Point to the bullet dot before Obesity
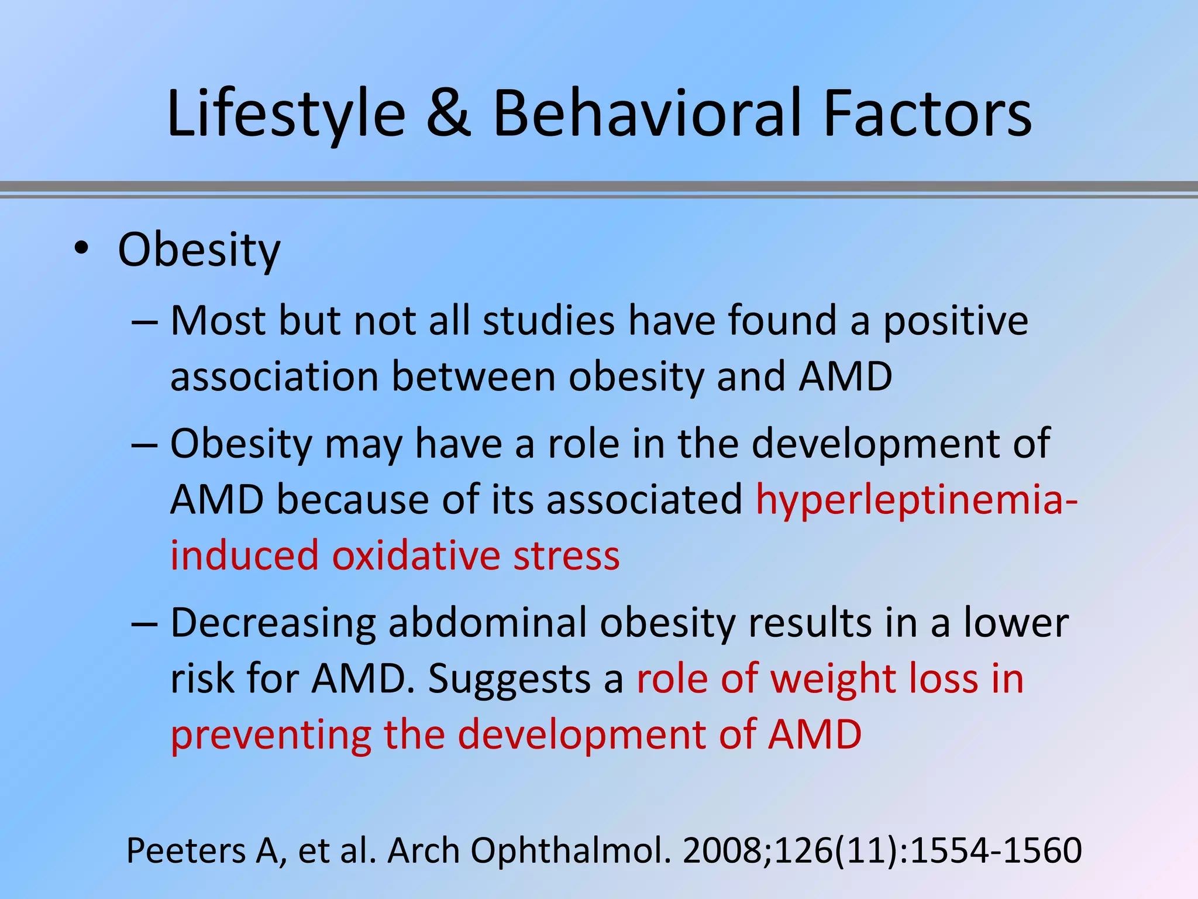point(81,249)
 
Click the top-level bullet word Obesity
point(199,250)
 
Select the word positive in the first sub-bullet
point(955,321)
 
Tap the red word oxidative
point(415,556)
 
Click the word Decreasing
point(273,624)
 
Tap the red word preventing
point(270,736)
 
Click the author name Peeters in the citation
point(186,850)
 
